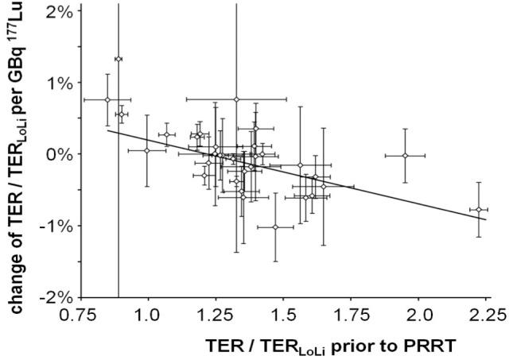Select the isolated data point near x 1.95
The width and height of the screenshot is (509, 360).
point(405,156)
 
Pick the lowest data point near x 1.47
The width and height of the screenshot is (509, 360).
point(275,227)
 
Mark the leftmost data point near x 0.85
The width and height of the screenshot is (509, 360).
point(107,99)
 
